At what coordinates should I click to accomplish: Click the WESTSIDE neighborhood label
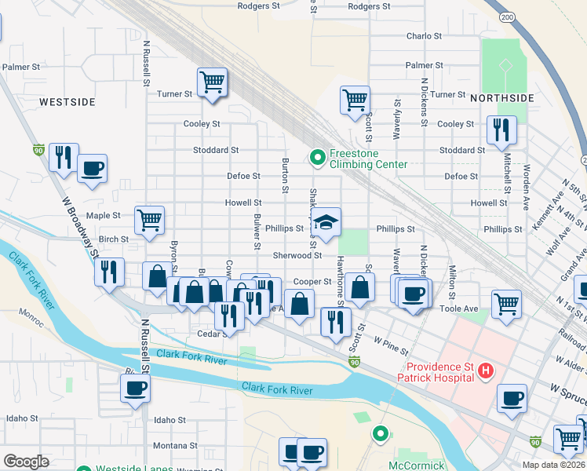[x=67, y=102]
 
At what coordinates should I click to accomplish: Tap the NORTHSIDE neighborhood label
[x=502, y=98]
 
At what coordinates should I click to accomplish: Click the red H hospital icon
[x=486, y=369]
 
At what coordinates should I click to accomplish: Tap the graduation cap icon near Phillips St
[x=326, y=221]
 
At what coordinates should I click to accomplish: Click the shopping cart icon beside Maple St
[x=149, y=220]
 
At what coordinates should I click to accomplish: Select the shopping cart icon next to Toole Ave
[x=507, y=304]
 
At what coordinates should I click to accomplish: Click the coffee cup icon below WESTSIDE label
[x=92, y=168]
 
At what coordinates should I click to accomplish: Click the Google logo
[x=26, y=462]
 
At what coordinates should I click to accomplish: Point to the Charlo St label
[x=424, y=36]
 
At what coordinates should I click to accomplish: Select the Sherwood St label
[x=297, y=255]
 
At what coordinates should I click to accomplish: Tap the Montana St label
[x=170, y=445]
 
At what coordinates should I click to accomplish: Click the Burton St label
[x=285, y=174]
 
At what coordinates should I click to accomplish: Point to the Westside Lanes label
[x=129, y=469]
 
